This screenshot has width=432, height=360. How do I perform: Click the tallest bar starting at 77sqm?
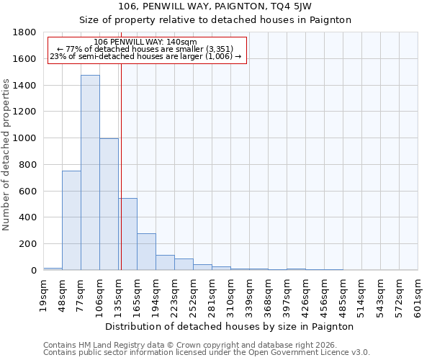pyautogui.click(x=90, y=173)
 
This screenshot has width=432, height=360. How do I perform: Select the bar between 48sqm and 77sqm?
pyautogui.click(x=71, y=220)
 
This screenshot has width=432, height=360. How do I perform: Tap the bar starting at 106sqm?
pyautogui.click(x=109, y=204)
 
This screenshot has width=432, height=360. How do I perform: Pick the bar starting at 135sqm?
pyautogui.click(x=128, y=234)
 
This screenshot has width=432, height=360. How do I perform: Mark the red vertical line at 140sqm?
pyautogui.click(x=121, y=166)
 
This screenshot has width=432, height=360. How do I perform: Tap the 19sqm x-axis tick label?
pyautogui.click(x=43, y=294)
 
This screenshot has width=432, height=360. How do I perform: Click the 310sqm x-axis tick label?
pyautogui.click(x=230, y=294)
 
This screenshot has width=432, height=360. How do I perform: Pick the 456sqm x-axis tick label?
pyautogui.click(x=324, y=294)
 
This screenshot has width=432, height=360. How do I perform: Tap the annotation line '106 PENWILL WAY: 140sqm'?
pyautogui.click(x=145, y=42)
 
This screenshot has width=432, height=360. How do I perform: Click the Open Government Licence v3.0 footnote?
pyautogui.click(x=207, y=353)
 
